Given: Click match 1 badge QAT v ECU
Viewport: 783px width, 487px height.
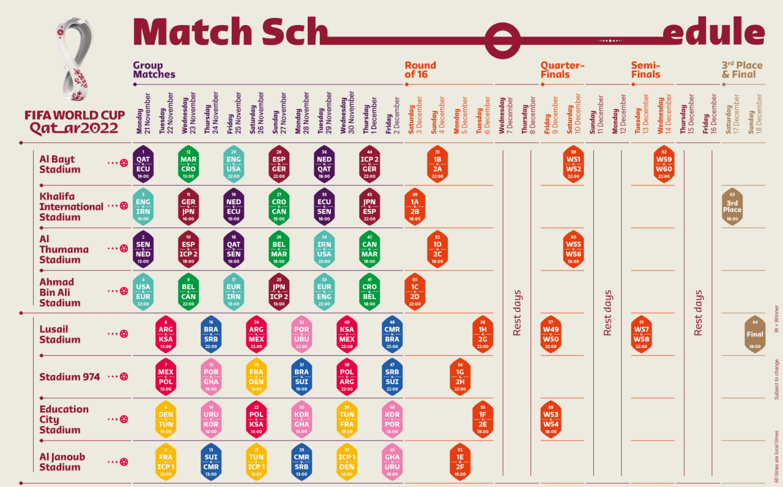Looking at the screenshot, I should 143,164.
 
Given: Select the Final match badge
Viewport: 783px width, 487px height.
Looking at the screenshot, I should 755,334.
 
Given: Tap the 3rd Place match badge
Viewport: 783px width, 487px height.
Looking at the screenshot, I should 732,206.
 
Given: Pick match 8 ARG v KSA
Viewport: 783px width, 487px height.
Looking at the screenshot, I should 166,334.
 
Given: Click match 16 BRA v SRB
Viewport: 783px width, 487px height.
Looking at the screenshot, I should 211,334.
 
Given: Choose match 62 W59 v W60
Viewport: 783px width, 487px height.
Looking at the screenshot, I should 664,164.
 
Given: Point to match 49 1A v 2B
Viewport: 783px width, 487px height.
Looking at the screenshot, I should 415,206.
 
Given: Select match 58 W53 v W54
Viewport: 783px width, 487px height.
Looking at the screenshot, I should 551,419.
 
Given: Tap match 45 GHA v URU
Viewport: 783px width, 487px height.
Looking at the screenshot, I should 392,462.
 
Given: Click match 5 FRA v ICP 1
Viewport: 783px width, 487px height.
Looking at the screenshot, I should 166,462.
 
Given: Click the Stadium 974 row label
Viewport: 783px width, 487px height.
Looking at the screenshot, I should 69,377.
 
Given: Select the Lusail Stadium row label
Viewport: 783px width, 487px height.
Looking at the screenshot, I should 60,334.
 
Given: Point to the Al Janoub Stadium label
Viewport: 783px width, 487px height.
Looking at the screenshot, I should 62,462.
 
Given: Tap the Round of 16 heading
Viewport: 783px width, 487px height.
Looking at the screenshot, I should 420,70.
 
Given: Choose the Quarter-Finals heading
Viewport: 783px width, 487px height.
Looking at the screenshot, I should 562,70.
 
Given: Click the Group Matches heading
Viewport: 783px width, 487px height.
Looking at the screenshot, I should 154,70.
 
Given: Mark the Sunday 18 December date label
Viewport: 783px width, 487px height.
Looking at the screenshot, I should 755,114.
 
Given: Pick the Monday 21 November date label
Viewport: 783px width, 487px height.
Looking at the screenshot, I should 143,114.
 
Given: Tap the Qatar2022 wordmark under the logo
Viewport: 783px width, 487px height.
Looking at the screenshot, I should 74,128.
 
